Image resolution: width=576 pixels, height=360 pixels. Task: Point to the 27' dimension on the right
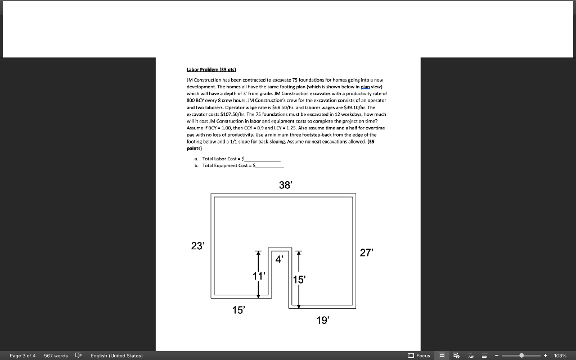coord(366,253)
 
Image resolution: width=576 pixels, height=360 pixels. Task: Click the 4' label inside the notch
coord(279,259)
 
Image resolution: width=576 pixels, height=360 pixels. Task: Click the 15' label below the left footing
coord(239,310)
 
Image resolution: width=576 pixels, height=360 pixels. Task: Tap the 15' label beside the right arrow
coord(298,280)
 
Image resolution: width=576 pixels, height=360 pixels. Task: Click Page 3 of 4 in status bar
coord(22,355)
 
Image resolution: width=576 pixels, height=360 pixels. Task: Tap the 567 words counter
coord(56,355)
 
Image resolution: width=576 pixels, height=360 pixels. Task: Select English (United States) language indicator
coord(116,355)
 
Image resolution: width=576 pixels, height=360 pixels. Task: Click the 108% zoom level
coord(560,355)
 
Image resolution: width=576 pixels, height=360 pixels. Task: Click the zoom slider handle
coord(523,355)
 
